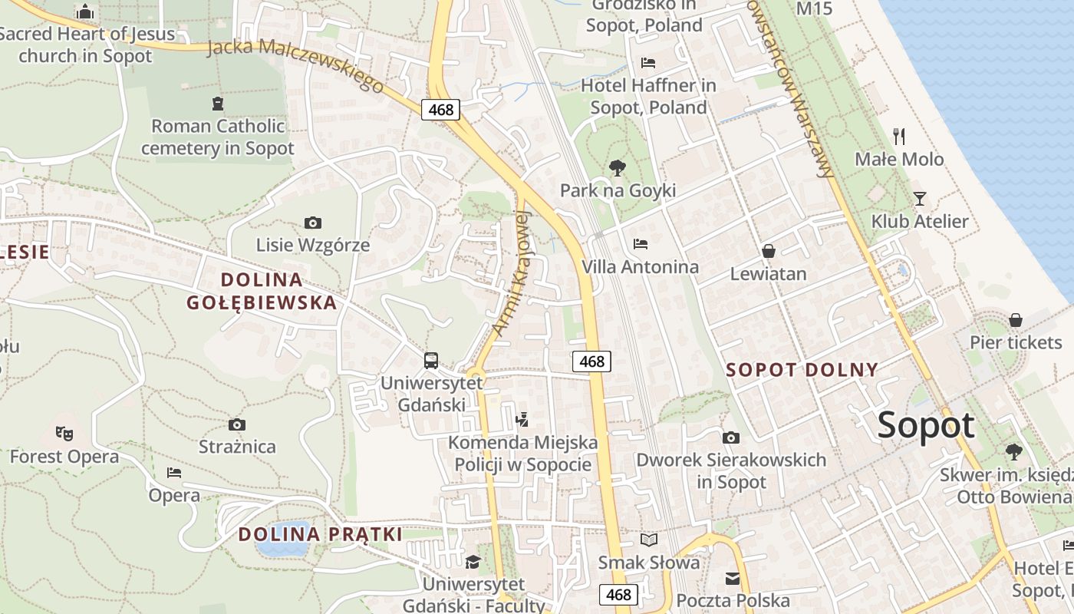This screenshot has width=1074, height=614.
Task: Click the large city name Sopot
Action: tap(926, 424)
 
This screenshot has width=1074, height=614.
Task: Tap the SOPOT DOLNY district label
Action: tap(802, 370)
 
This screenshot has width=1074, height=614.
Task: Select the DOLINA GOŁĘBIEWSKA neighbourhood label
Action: tap(262, 291)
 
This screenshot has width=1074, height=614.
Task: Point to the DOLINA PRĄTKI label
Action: tap(320, 534)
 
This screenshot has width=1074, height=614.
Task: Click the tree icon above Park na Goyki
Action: tap(617, 168)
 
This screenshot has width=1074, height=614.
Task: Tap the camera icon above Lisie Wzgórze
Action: tap(312, 223)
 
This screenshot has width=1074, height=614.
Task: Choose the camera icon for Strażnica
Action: tap(237, 424)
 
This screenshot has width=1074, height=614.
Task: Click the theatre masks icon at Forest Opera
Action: tap(64, 434)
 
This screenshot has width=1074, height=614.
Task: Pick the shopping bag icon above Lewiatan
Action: tap(768, 251)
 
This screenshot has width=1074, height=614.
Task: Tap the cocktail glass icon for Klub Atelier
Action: tap(919, 199)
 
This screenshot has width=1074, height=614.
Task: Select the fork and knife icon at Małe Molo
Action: tap(899, 137)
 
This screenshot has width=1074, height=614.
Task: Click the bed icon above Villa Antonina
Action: tap(641, 244)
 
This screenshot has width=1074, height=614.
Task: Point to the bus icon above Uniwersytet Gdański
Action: tap(431, 360)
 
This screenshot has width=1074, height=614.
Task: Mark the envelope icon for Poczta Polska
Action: tap(733, 578)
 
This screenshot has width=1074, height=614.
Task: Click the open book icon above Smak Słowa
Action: tap(649, 540)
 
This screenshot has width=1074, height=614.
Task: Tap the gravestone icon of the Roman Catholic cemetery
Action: tap(218, 103)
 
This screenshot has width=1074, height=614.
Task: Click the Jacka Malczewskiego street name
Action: tap(295, 65)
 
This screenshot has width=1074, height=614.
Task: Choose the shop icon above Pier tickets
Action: tap(1016, 319)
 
